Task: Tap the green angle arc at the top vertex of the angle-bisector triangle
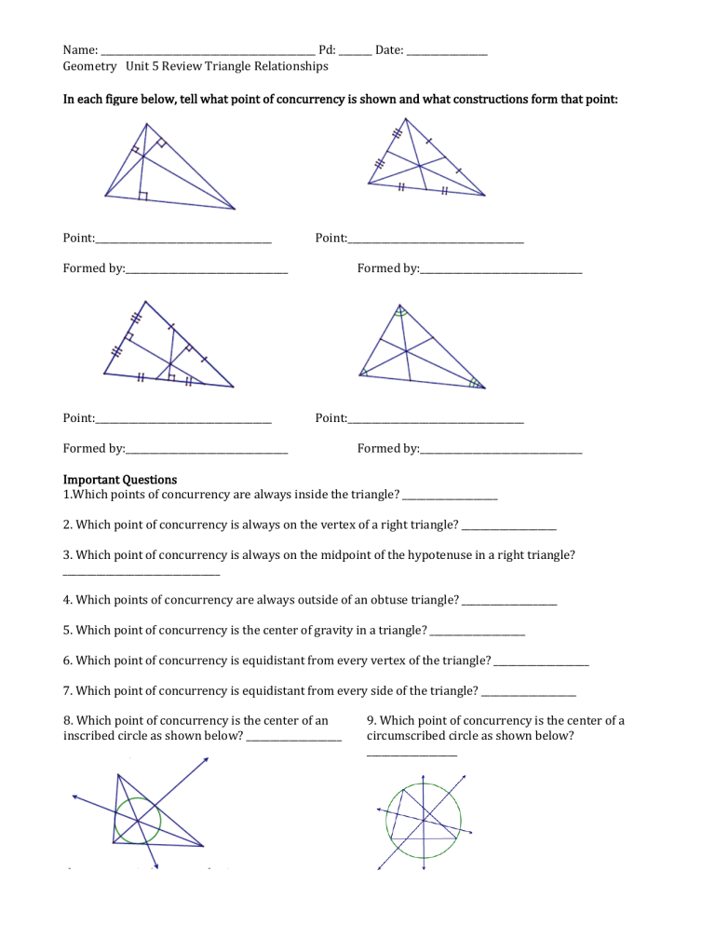399,314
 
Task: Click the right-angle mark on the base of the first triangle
142,195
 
